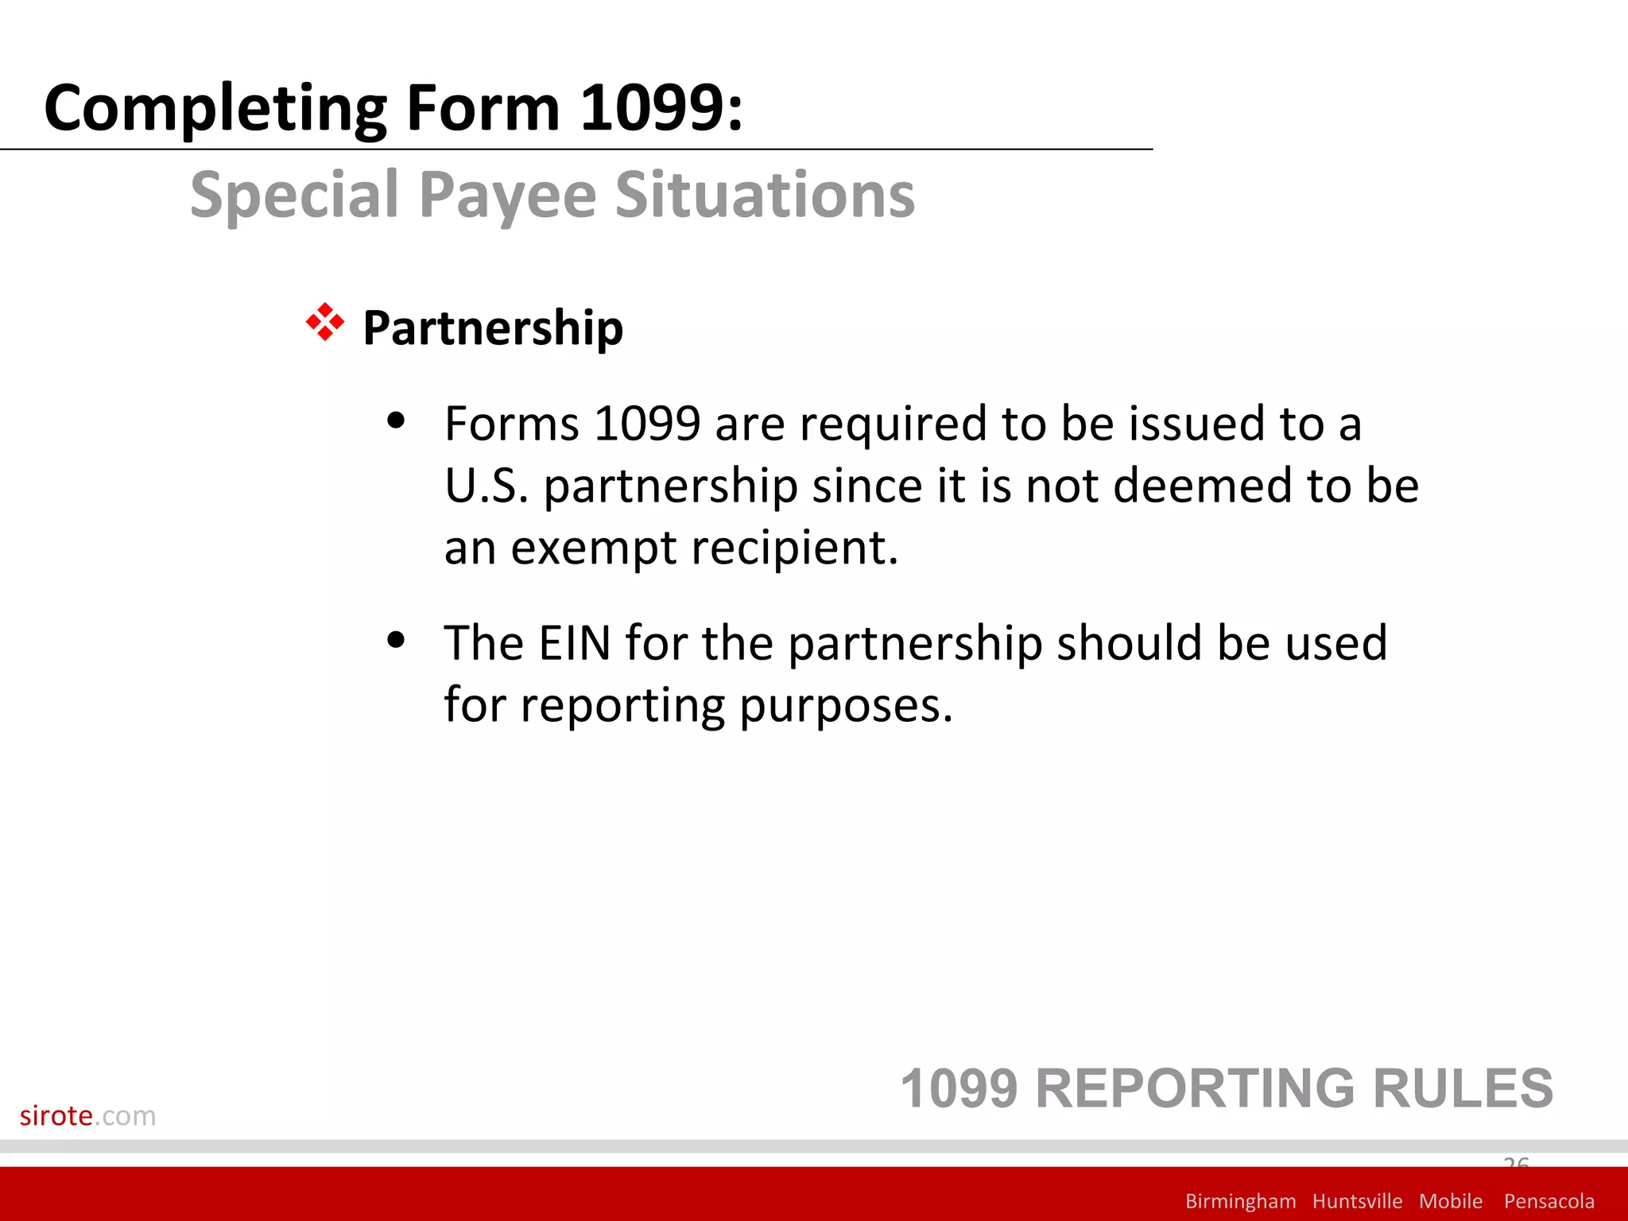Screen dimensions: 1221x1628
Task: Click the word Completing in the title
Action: click(x=215, y=108)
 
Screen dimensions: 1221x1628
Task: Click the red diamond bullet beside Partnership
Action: click(x=325, y=323)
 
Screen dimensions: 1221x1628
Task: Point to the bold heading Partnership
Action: click(x=493, y=328)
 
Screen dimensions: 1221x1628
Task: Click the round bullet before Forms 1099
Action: click(x=396, y=421)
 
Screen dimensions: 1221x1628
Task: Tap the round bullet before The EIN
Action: click(x=396, y=639)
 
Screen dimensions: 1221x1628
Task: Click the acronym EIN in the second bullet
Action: click(x=575, y=642)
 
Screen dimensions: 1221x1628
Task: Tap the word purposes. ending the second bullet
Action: click(x=846, y=706)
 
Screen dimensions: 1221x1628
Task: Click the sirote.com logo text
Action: click(x=87, y=1115)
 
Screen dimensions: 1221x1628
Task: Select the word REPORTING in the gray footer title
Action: click(x=1196, y=1088)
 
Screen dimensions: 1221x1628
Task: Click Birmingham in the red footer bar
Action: click(x=1240, y=1201)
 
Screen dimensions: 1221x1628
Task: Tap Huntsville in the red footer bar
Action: click(x=1357, y=1201)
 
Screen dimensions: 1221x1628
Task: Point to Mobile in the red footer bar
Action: click(x=1451, y=1201)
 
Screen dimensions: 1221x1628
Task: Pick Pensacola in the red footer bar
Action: click(x=1549, y=1201)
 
